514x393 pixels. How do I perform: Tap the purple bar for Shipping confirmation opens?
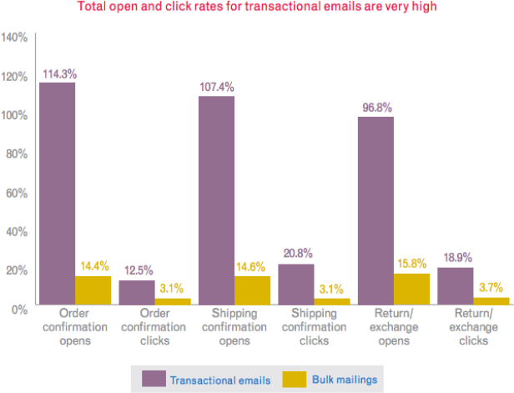pyautogui.click(x=216, y=200)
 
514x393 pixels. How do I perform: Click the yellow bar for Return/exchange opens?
pyautogui.click(x=412, y=289)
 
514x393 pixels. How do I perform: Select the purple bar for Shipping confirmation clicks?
pyautogui.click(x=296, y=285)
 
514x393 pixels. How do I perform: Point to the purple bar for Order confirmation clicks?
pyautogui.click(x=136, y=292)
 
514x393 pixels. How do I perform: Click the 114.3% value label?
pyautogui.click(x=58, y=73)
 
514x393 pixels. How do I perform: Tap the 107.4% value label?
pyautogui.click(x=216, y=87)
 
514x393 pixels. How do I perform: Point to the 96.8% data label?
pyautogui.click(x=375, y=108)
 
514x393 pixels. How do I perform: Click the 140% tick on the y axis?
pyautogui.click(x=14, y=38)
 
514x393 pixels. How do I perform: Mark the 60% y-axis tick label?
pyautogui.click(x=17, y=193)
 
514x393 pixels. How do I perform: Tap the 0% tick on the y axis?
pyautogui.click(x=20, y=309)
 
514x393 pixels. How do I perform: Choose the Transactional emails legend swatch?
pyautogui.click(x=154, y=380)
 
